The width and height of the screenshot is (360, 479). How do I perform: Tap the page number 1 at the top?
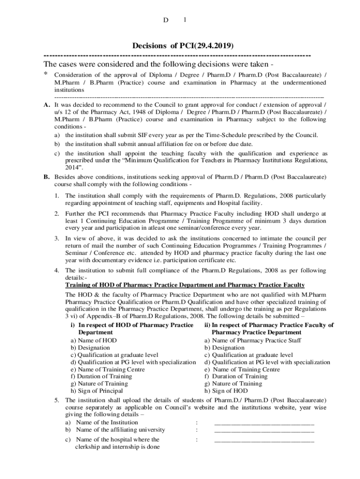[185, 20]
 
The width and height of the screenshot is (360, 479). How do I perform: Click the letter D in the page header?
[165, 20]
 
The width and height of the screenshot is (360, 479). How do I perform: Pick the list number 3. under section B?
[56, 239]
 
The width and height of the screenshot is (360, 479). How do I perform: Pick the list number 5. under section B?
[56, 400]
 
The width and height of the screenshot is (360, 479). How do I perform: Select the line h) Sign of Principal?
[96, 391]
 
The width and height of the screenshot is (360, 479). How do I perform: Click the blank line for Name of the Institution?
[264, 423]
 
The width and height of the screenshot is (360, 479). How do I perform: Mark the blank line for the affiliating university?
[264, 430]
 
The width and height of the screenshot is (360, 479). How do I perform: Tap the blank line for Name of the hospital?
[264, 440]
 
